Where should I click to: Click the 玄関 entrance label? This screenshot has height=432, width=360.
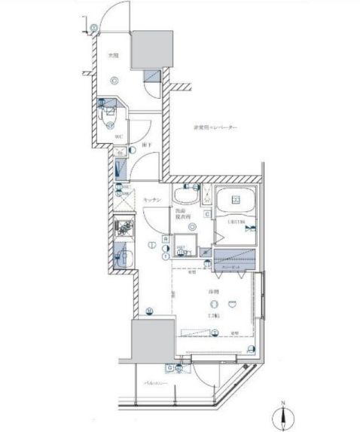tap(111, 56)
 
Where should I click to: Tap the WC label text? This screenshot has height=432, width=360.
tap(118, 136)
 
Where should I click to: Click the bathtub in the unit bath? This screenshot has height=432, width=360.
tap(237, 201)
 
